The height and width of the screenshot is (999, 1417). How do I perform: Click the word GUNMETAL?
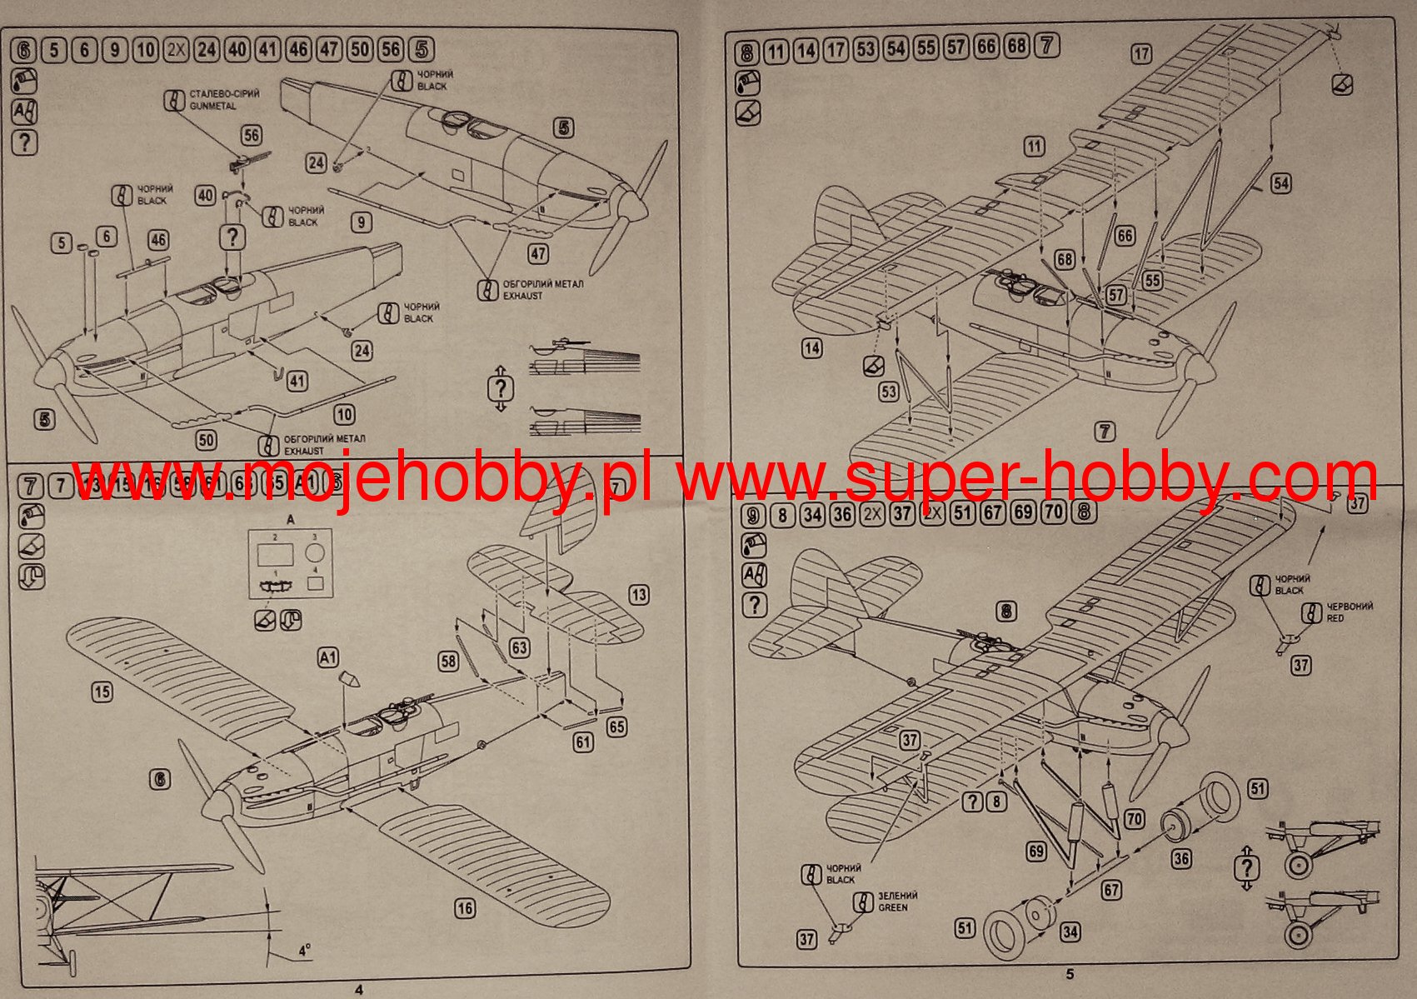[213, 107]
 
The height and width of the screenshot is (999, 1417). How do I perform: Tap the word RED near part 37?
[1335, 618]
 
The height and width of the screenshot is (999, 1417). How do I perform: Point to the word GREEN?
[893, 907]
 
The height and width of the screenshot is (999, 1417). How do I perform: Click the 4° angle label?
[305, 950]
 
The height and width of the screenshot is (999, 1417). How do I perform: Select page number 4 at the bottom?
[358, 990]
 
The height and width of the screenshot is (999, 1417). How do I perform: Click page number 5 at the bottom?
[1070, 974]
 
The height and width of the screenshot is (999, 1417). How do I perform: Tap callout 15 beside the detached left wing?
[102, 692]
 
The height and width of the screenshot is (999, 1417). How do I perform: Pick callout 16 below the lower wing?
[465, 908]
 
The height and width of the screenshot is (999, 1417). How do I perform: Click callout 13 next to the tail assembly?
[639, 595]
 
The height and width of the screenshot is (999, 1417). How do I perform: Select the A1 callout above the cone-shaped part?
[328, 658]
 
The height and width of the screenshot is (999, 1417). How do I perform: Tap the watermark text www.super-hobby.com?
[1025, 479]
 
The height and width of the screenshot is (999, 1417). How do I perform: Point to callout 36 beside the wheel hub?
[1181, 857]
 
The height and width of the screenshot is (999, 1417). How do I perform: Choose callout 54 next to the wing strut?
[1281, 183]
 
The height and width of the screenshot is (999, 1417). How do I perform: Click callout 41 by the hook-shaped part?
[297, 382]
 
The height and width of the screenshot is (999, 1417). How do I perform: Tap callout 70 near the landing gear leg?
[1135, 819]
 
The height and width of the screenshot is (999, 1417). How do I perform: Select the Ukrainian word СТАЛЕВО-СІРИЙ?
[224, 93]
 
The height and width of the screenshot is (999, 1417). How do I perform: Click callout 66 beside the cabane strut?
[1125, 236]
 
